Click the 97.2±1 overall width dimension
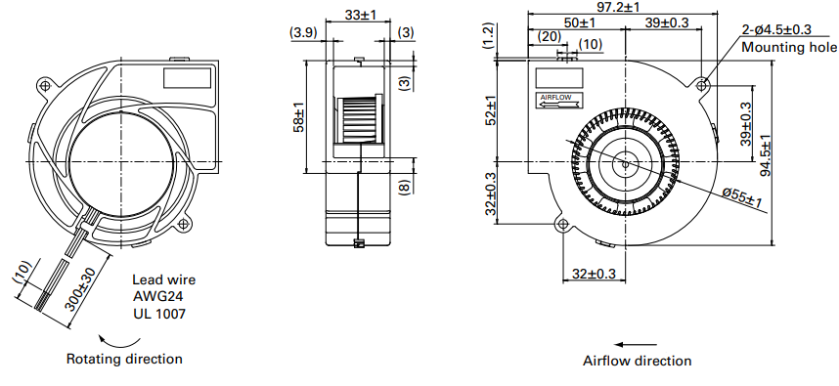point(621,7)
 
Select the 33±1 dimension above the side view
point(360,15)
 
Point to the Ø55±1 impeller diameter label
point(741,196)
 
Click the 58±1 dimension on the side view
point(299,116)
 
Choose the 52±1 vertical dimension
point(491,109)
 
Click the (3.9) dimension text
point(304,33)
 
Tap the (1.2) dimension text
point(488,36)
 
